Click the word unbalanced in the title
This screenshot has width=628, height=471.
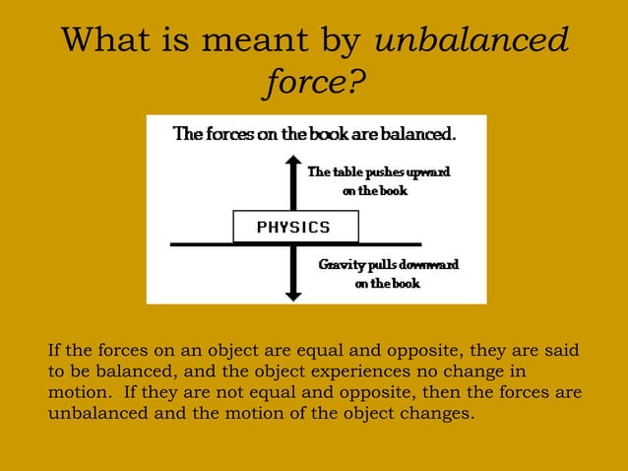point(471,41)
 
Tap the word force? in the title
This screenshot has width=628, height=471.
point(313,84)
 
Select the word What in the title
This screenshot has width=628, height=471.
point(106,41)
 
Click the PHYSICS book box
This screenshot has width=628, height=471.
point(294,228)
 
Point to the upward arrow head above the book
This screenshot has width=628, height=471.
point(293,162)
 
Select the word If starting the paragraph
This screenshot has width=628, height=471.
point(54,351)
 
